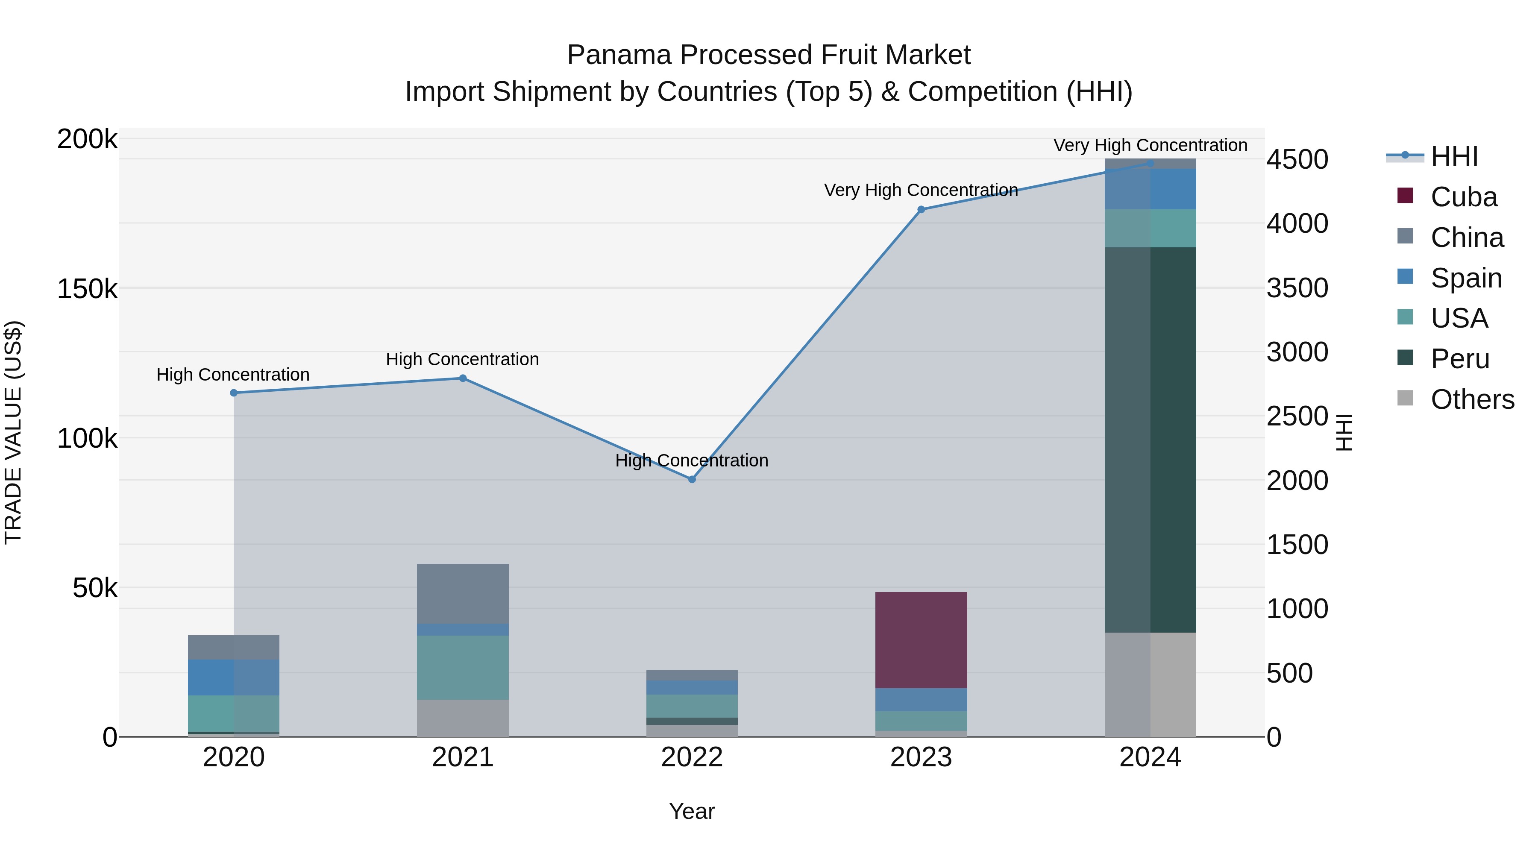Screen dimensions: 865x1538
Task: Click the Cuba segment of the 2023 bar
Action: [921, 640]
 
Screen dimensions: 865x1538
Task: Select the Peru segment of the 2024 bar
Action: [1150, 440]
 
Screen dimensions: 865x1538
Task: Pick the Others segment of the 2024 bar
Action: [1150, 684]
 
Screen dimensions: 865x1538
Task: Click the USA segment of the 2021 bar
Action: [462, 667]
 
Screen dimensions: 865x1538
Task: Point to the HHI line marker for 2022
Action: [692, 479]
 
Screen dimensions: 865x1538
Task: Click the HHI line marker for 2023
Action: [921, 210]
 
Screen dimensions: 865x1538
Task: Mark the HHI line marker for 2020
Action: [233, 393]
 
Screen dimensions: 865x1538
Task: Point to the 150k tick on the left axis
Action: [87, 290]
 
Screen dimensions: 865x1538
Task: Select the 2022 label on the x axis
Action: [692, 757]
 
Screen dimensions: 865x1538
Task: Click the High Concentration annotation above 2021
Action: [462, 359]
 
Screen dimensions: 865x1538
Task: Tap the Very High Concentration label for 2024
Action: [1150, 146]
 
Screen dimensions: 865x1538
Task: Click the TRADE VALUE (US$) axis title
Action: [13, 432]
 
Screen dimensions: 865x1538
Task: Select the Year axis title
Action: [692, 811]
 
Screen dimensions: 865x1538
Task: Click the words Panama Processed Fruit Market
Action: [769, 55]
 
